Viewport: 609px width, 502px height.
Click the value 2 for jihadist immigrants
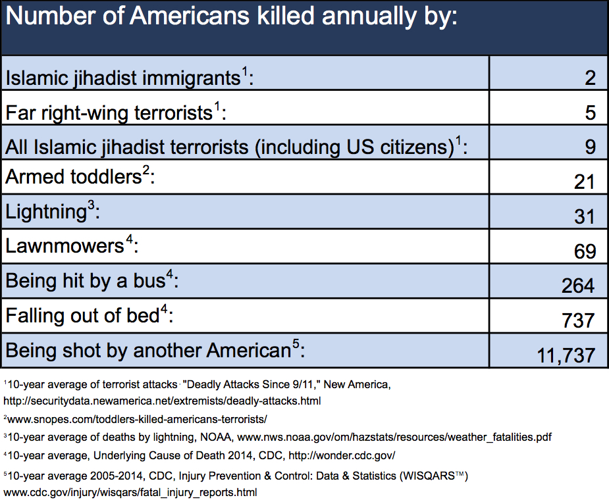(x=589, y=78)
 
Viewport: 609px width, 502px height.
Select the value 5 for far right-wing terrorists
(x=589, y=113)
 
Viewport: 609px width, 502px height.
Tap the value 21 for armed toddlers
(x=584, y=182)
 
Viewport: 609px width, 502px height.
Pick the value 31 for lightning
(x=584, y=216)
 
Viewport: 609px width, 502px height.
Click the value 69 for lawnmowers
(x=584, y=251)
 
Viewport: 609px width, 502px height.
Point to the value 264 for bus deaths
(x=577, y=286)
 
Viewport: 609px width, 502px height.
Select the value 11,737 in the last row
(x=566, y=355)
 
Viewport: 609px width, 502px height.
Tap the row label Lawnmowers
(x=65, y=246)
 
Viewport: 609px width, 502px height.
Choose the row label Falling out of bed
(x=82, y=315)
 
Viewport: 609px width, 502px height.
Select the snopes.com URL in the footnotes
(x=137, y=418)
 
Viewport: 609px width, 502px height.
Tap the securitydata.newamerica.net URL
(x=162, y=400)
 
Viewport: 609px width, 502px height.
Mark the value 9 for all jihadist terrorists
(x=589, y=147)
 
